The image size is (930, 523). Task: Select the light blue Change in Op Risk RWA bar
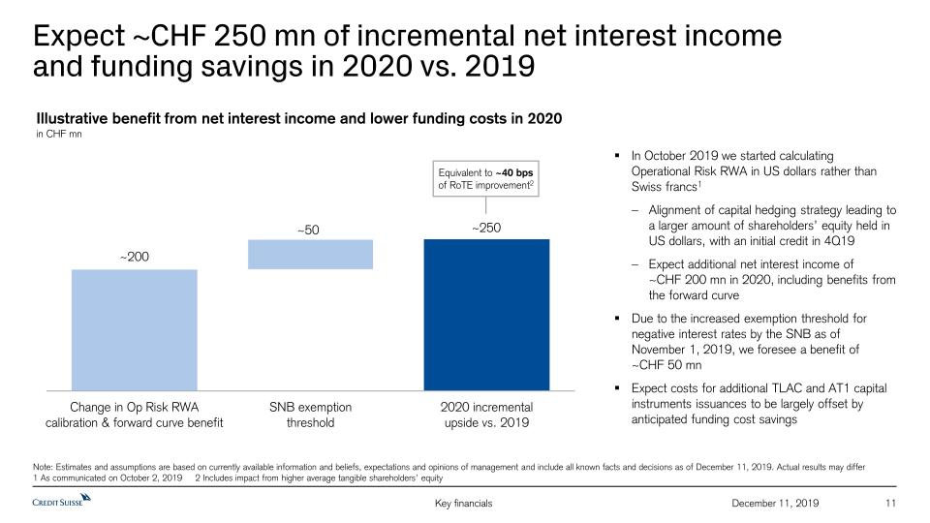[x=135, y=329]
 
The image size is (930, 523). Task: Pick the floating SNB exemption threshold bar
[x=310, y=254]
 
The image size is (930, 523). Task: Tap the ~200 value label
[x=135, y=257]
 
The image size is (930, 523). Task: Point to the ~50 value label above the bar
[x=310, y=229]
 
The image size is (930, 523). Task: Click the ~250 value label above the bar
[x=486, y=228]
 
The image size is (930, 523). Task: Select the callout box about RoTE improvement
[x=485, y=179]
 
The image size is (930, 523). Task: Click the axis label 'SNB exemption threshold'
[x=310, y=415]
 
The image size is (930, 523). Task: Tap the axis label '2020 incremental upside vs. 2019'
[x=487, y=415]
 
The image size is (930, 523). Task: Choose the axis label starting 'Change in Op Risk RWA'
[x=135, y=415]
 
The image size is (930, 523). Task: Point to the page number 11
[x=892, y=504]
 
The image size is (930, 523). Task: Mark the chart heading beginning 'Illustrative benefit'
[x=299, y=118]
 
